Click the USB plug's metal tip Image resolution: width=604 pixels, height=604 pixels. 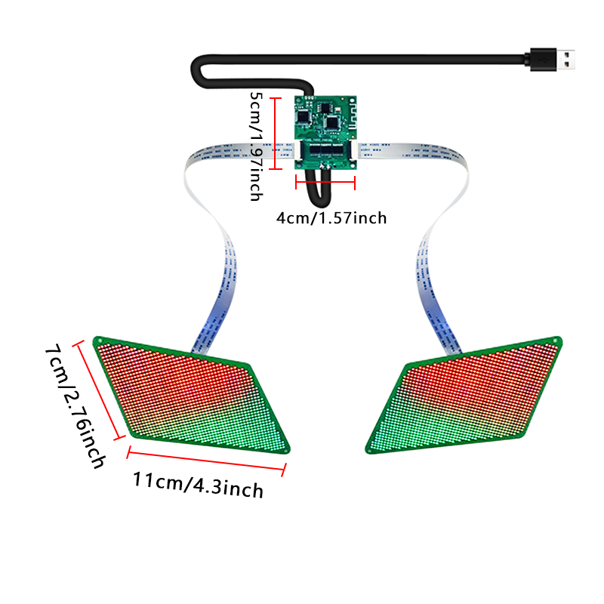click(565, 60)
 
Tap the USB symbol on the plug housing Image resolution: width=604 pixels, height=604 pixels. click(544, 60)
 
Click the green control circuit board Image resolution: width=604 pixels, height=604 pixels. click(325, 133)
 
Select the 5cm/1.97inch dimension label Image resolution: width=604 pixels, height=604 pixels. click(256, 146)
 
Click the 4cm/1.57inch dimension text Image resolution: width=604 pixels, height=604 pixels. click(331, 218)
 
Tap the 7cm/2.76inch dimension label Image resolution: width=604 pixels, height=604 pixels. click(75, 406)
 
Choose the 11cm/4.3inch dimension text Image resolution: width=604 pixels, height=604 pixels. click(199, 485)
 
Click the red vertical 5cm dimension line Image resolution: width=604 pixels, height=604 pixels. click(275, 134)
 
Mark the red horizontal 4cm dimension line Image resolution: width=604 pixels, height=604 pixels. click(325, 182)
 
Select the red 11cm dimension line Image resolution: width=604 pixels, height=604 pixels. click(206, 461)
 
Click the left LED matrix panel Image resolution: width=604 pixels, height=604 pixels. click(192, 396)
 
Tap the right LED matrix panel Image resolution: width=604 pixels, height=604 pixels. click(464, 396)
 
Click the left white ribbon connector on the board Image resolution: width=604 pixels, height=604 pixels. click(297, 149)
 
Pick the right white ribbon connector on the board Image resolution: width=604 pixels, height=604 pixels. click(353, 149)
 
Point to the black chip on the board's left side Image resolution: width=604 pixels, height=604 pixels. click(304, 116)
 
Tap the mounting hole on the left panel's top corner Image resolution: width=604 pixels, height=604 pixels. click(100, 341)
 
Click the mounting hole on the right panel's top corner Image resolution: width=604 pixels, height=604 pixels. click(556, 341)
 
